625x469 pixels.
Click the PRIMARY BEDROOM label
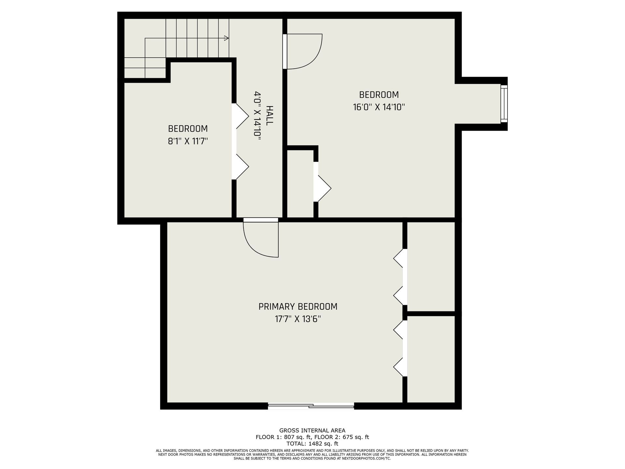298,306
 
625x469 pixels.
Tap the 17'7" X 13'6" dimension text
298,319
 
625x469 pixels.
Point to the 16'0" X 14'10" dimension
379,107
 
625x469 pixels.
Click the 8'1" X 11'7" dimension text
188,141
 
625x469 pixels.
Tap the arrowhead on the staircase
227,38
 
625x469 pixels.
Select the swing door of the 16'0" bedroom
302,51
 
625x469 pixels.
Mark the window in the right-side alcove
504,104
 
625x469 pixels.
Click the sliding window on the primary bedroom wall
311,405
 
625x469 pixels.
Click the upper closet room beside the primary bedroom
431,266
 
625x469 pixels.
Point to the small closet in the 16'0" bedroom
300,183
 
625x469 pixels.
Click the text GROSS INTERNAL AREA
312,431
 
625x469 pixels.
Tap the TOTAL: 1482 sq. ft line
312,444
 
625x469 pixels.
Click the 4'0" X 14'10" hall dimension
257,116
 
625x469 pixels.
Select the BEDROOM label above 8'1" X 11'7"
188,129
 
